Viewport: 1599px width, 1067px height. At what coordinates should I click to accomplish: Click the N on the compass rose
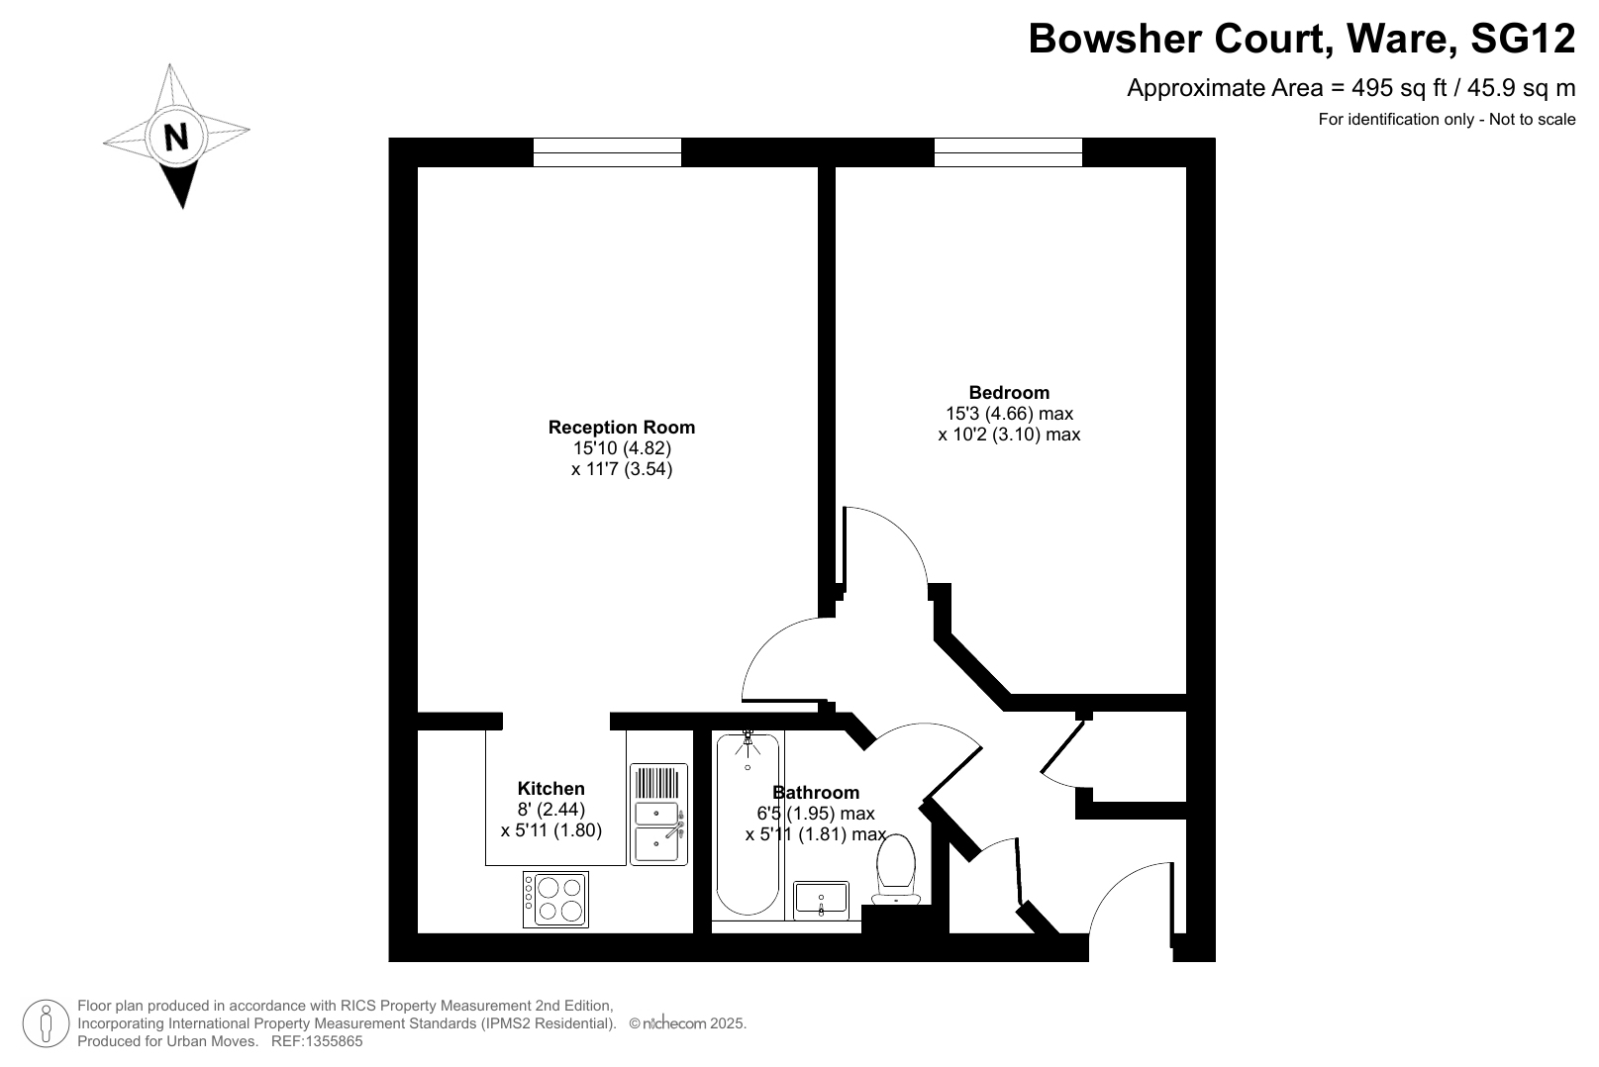tap(175, 137)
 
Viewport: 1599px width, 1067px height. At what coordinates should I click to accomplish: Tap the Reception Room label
tap(621, 428)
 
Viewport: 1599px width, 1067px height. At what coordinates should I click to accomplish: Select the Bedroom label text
tap(1009, 393)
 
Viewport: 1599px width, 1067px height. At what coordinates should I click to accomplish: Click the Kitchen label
tap(550, 789)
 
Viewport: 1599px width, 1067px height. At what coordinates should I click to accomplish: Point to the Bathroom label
tap(815, 792)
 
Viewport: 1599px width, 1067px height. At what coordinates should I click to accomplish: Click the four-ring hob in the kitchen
tap(555, 900)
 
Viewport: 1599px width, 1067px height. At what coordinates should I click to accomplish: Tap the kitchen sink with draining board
tap(658, 815)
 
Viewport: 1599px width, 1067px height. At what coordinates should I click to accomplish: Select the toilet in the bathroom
tap(895, 870)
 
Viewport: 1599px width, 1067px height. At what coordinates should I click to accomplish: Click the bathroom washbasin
tap(821, 900)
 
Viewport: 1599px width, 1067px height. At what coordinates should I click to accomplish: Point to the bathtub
tap(748, 824)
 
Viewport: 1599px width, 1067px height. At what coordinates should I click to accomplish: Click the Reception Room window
tap(607, 152)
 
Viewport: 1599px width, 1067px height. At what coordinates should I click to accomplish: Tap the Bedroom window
tap(1008, 152)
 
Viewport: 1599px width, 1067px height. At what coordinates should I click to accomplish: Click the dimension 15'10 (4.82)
tap(622, 448)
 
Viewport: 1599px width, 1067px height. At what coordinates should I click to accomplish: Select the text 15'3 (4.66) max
tap(1009, 413)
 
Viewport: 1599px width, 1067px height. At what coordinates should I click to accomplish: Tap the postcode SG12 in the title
tap(1523, 39)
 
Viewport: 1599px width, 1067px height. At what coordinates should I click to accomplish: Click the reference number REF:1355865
tap(317, 1041)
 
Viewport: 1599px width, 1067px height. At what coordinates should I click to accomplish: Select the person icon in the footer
tap(47, 1023)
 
